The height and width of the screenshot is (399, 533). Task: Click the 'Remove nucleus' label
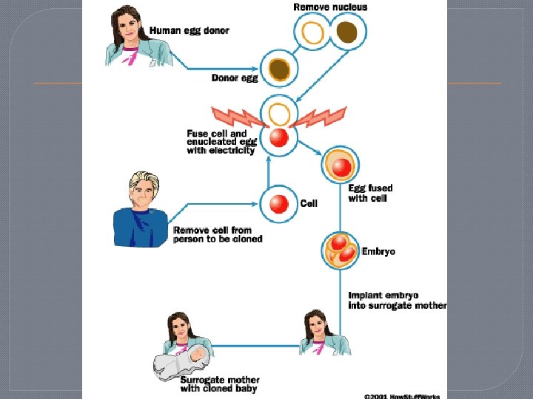click(330, 7)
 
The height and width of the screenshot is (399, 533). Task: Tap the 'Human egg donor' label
click(190, 31)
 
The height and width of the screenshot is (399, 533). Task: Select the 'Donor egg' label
click(235, 78)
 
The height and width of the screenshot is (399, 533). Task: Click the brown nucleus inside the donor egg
click(279, 69)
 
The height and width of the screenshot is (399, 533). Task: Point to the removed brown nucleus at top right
click(346, 33)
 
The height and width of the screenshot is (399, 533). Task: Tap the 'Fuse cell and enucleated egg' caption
click(221, 142)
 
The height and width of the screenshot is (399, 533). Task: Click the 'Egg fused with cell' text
click(370, 194)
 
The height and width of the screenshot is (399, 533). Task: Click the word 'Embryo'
click(378, 251)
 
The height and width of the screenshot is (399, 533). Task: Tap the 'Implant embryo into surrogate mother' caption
click(397, 300)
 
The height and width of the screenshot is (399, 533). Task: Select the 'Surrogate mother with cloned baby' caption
click(220, 384)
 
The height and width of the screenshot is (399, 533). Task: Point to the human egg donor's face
click(132, 23)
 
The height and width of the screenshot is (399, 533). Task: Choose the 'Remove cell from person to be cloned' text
click(218, 234)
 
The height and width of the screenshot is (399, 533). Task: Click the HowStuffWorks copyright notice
click(402, 395)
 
